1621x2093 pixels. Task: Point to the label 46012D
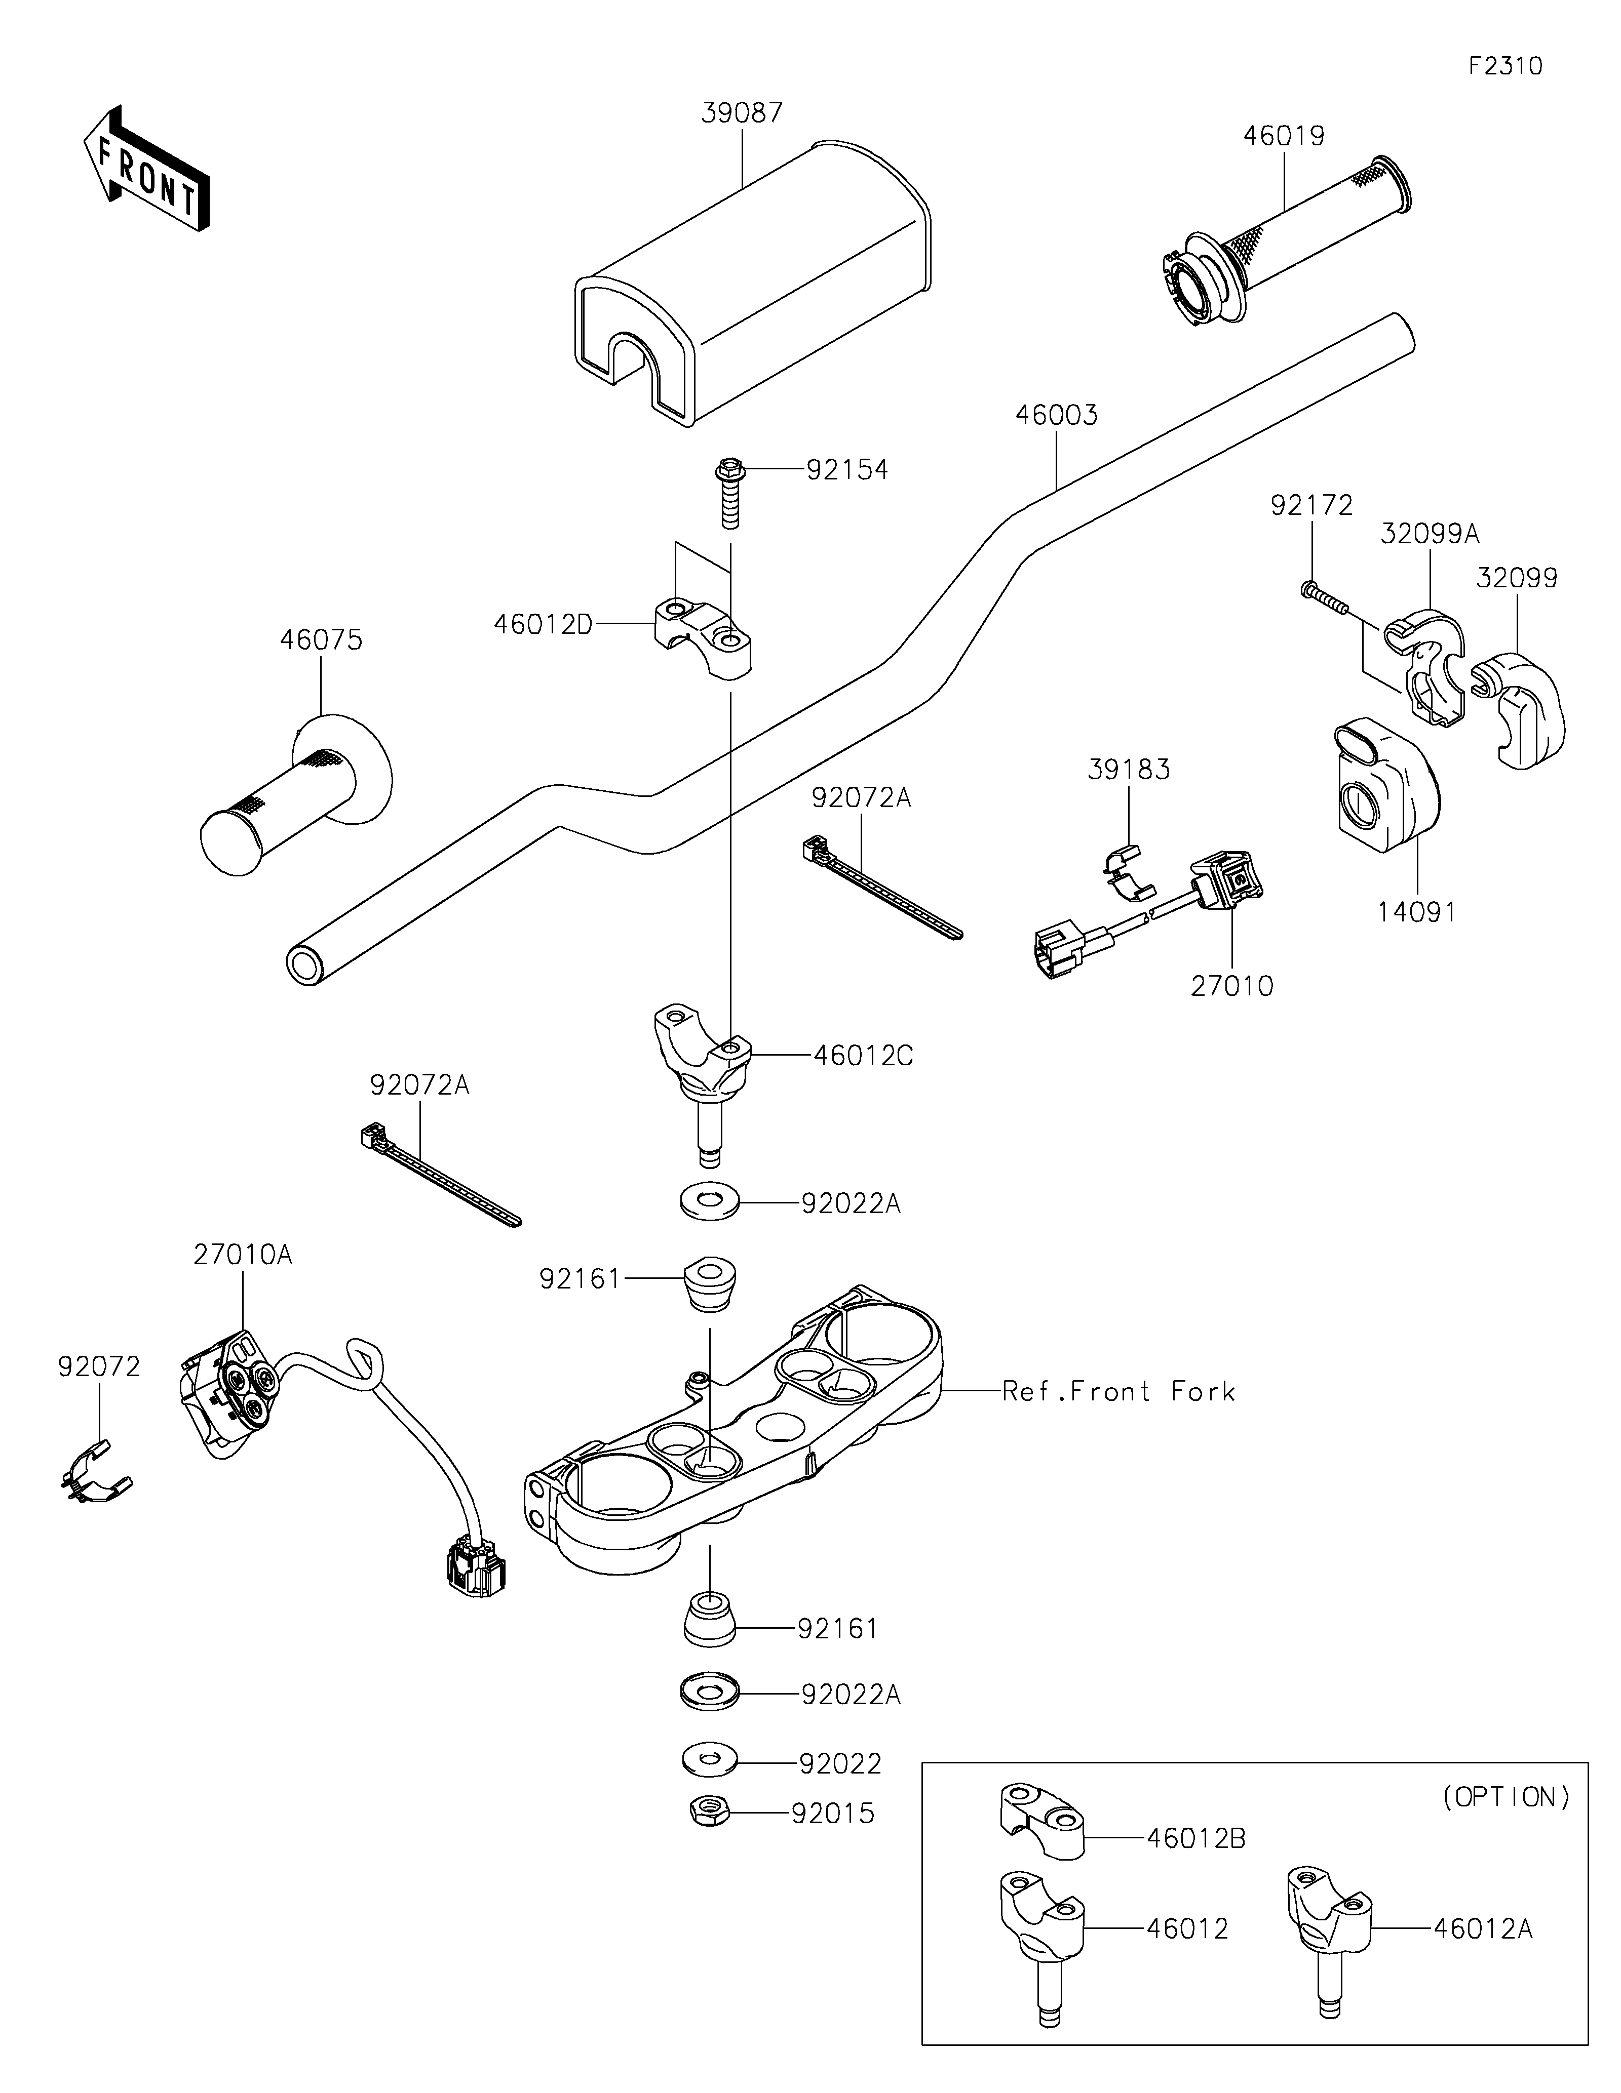543,625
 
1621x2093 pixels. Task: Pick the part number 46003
1056,415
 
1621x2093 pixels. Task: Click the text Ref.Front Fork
1118,1391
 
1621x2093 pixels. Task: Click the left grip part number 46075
321,640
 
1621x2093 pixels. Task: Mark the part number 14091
1417,912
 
